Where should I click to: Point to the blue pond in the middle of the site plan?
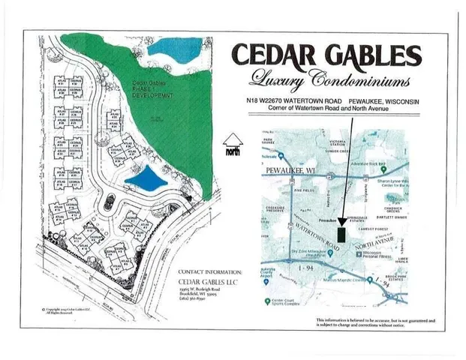(146, 181)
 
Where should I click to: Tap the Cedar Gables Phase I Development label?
(153, 89)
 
